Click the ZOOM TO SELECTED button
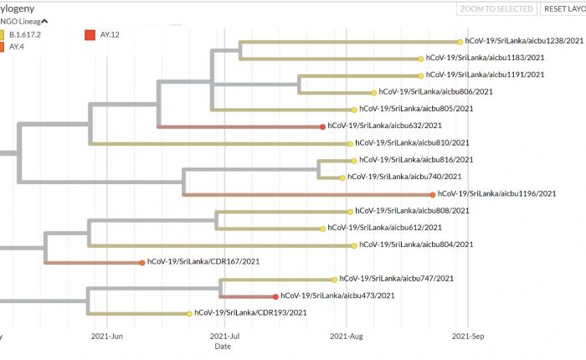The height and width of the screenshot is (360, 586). pyautogui.click(x=496, y=8)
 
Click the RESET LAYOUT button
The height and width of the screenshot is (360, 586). pyautogui.click(x=563, y=8)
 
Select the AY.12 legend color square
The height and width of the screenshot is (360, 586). pyautogui.click(x=90, y=34)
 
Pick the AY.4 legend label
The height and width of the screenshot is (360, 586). pyautogui.click(x=17, y=47)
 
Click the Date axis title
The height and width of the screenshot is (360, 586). pyautogui.click(x=223, y=346)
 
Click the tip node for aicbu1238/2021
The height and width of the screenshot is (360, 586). pyautogui.click(x=460, y=41)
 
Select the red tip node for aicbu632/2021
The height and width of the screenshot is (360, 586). pyautogui.click(x=322, y=126)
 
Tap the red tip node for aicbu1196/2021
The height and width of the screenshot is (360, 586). pyautogui.click(x=432, y=194)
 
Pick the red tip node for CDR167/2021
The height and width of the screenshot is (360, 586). pyautogui.click(x=142, y=262)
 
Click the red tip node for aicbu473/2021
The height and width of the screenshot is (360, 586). pyautogui.click(x=275, y=296)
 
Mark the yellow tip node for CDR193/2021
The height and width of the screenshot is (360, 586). pyautogui.click(x=189, y=313)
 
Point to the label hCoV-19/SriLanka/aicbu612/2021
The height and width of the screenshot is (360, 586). pyautogui.click(x=384, y=228)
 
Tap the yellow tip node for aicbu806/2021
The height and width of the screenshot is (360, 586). pyautogui.click(x=373, y=92)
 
